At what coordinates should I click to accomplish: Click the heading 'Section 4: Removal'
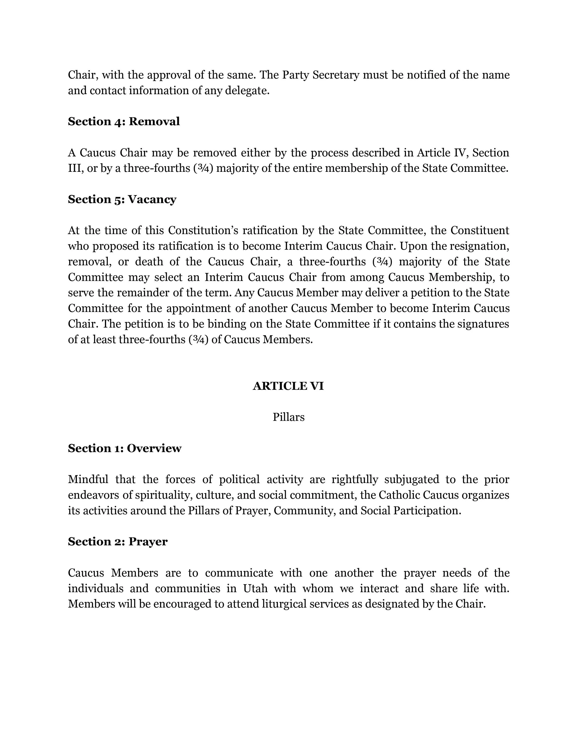(x=124, y=121)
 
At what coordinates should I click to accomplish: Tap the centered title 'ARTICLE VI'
(x=288, y=386)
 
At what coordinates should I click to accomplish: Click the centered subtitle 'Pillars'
(x=288, y=417)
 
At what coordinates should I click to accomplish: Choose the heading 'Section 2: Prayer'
(x=117, y=541)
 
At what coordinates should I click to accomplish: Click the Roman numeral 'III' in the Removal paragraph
(x=75, y=168)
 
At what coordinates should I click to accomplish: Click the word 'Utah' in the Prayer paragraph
(x=255, y=588)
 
